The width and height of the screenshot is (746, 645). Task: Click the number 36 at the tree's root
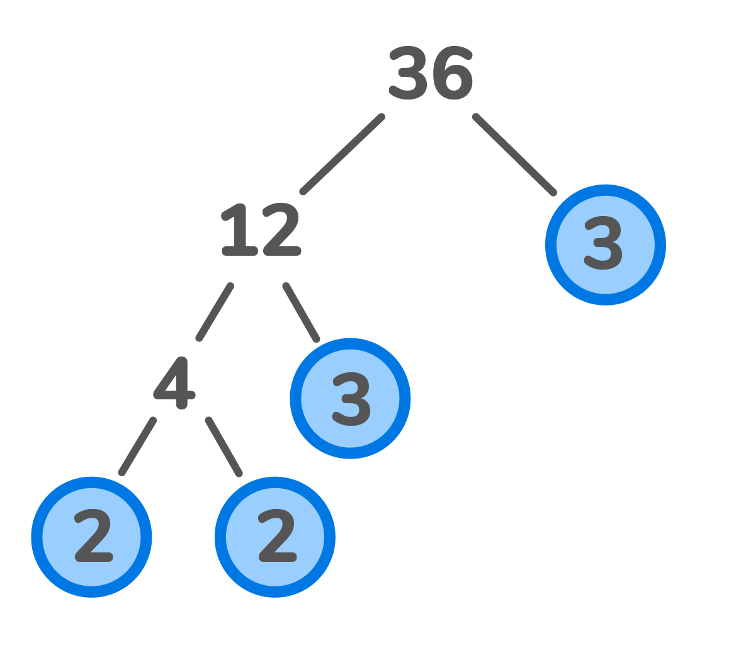pos(431,74)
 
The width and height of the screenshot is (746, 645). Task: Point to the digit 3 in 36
pos(409,74)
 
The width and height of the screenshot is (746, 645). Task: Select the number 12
pos(261,230)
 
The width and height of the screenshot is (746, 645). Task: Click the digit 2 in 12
pos(281,230)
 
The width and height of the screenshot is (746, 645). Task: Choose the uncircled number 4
pos(175,383)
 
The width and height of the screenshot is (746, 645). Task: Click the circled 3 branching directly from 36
pos(605,244)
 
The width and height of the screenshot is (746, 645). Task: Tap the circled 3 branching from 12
pos(350,398)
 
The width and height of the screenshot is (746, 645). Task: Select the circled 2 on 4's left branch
pos(92,537)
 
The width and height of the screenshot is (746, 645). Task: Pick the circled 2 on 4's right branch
pos(275,537)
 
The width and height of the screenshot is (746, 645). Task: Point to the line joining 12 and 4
pos(215,312)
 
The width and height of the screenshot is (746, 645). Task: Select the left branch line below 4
pos(137,446)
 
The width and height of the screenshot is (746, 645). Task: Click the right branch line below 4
pos(223,446)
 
